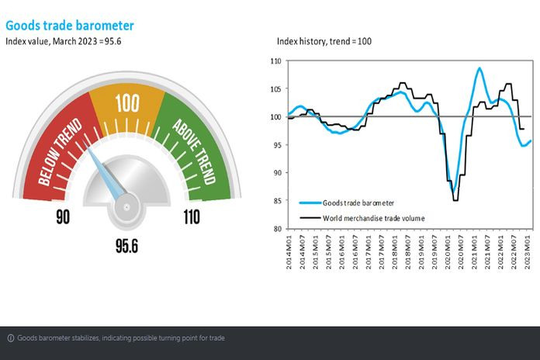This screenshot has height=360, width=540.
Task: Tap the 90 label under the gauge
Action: tap(63, 216)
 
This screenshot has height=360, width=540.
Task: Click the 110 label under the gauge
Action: tap(191, 216)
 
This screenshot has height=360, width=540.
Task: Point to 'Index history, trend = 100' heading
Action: tap(325, 41)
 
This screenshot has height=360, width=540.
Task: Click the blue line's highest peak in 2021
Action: tap(479, 68)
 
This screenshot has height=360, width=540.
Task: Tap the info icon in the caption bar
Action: tap(11, 337)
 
